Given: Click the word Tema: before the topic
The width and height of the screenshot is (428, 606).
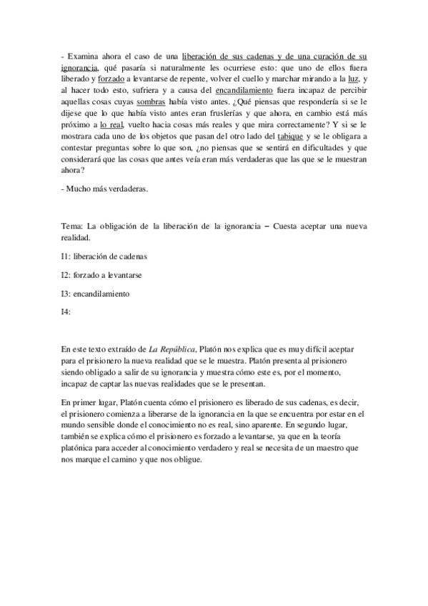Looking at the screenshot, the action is tap(74, 226).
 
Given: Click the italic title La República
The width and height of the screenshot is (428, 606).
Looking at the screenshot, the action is tap(171, 349).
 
